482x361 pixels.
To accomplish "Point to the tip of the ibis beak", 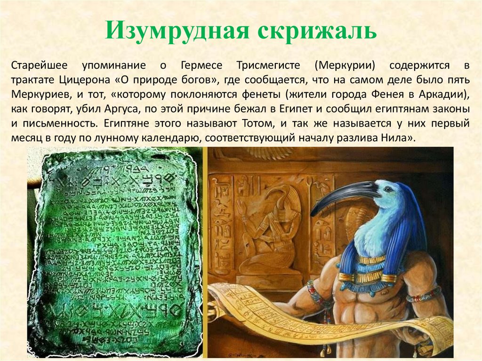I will click(313, 214).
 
